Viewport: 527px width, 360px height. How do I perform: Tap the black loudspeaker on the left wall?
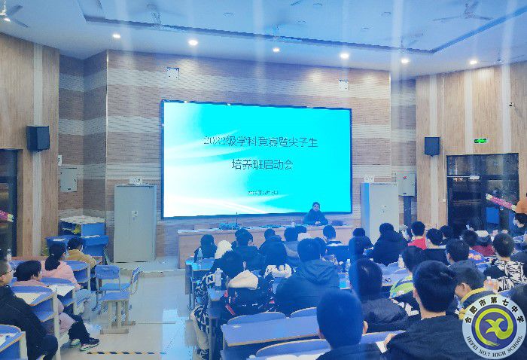click(38, 138)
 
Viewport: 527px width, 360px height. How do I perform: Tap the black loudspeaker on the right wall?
click(431, 145)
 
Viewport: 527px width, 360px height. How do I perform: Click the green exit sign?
click(480, 140)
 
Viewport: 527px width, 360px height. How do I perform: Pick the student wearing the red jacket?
click(417, 236)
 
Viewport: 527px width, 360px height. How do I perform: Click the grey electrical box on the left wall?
click(69, 178)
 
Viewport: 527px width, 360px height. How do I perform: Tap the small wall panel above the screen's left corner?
click(173, 73)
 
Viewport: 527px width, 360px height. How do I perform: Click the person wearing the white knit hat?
click(224, 249)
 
